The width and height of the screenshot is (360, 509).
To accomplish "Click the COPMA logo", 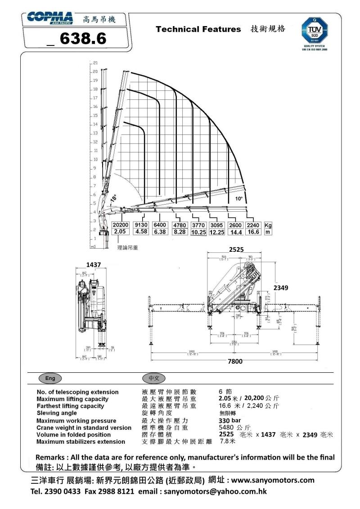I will tap(50, 18).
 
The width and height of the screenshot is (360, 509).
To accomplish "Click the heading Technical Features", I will tap(198, 29).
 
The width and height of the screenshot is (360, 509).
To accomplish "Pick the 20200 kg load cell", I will tap(120, 225).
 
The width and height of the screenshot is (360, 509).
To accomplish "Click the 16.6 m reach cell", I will tap(253, 232).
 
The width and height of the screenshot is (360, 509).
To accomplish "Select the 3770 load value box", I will tap(198, 225).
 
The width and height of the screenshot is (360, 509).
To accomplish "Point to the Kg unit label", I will tap(268, 225).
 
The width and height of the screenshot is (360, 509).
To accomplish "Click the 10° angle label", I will tap(238, 198).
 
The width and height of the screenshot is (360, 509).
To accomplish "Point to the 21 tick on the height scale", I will tap(96, 63).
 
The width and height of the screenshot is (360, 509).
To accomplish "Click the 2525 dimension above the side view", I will tap(236, 248).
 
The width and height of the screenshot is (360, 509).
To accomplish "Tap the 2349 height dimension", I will tap(280, 287).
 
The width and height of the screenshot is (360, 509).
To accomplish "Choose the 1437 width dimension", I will tap(94, 264).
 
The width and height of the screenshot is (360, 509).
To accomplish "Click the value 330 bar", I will tap(230, 420).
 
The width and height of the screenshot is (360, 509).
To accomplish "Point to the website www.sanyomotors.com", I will tap(273, 480).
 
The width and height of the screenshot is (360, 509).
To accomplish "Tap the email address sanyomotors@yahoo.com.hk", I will tap(215, 491).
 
